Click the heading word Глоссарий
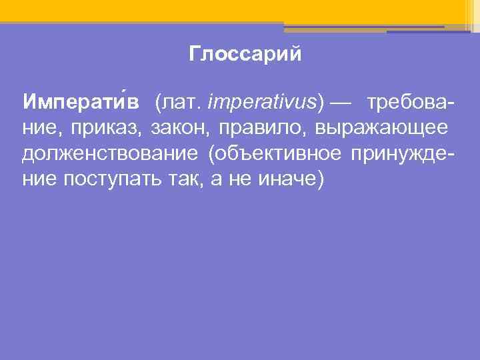[245, 54]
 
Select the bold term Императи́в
[81, 101]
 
